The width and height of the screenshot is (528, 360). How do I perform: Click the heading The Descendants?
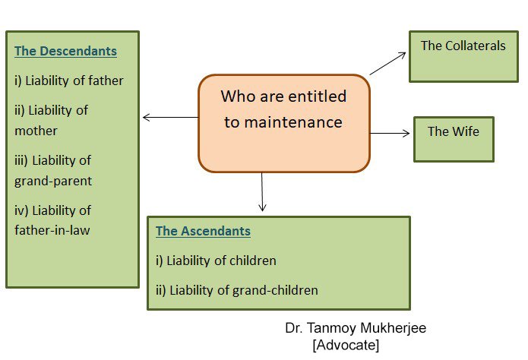[x=65, y=51]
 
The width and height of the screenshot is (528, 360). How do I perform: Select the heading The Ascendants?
[x=203, y=231]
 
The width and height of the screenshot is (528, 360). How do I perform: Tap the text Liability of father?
[x=74, y=81]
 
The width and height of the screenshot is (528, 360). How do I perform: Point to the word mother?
[x=36, y=131]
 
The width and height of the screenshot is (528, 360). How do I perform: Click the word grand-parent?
[x=53, y=182]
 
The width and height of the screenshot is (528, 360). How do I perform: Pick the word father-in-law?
[x=52, y=230]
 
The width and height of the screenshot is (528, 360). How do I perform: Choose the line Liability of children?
[x=221, y=261]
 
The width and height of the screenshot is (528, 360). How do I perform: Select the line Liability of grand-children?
[x=244, y=290]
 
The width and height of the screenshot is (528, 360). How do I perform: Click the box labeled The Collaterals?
[x=463, y=56]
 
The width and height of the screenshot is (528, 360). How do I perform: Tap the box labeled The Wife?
[x=454, y=140]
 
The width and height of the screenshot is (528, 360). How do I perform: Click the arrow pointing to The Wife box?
[x=390, y=134]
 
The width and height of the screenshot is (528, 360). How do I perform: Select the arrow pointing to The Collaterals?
[x=387, y=63]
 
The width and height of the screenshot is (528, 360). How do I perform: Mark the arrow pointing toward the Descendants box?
[x=170, y=117]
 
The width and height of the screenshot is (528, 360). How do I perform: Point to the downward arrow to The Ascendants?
[x=262, y=191]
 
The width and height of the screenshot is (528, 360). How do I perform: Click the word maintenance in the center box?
[x=283, y=122]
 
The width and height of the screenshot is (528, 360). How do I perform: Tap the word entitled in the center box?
[x=318, y=96]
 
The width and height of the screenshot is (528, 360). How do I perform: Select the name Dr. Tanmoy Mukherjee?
[x=356, y=328]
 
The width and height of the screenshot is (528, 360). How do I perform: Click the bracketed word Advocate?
[x=346, y=345]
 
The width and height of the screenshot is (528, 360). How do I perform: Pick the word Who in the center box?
[x=238, y=96]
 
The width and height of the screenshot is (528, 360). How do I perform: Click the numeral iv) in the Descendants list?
[x=21, y=211]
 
